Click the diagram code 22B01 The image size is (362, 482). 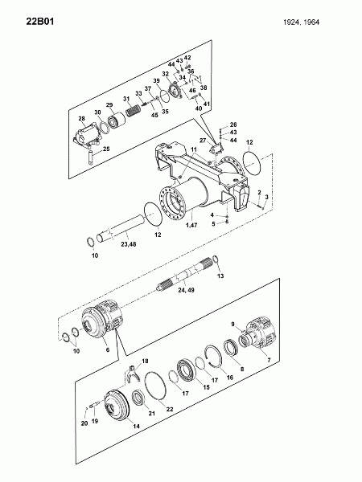coord(40,22)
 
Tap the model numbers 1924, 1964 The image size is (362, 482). coord(302,22)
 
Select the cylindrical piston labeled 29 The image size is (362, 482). coord(117,120)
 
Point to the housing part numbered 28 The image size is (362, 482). coord(87,135)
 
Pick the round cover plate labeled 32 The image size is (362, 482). coord(175,90)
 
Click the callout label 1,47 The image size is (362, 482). coord(191,225)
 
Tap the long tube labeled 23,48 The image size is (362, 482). coord(121,228)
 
